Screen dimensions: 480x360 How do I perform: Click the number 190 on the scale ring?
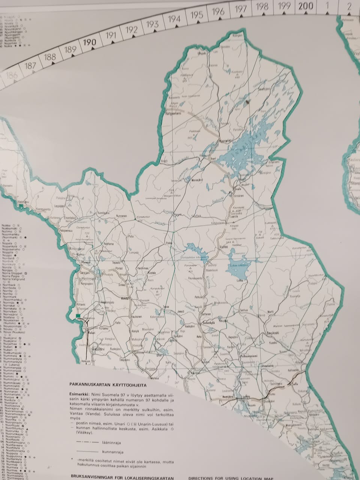click(x=90, y=42)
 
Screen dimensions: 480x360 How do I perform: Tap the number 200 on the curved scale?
click(x=306, y=6)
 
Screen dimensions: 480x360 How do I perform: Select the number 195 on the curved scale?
click(x=197, y=15)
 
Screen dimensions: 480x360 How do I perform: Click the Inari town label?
click(x=213, y=159)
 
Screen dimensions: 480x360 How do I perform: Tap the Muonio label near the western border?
click(x=86, y=263)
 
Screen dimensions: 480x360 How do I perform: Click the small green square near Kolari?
click(x=78, y=316)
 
